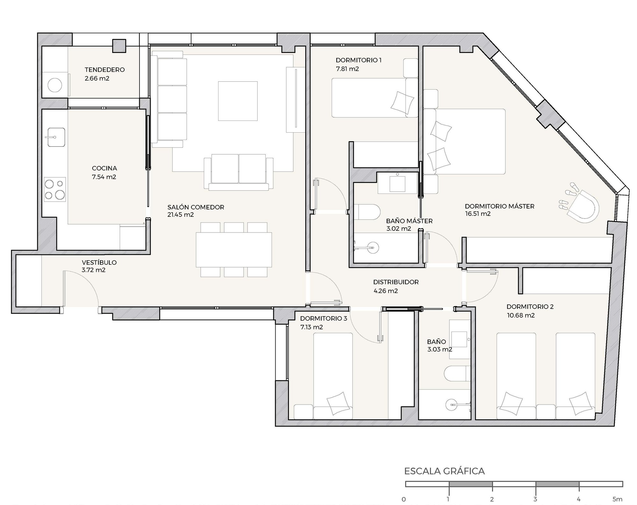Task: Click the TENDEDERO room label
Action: click(x=104, y=70)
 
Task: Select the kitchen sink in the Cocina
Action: click(x=56, y=137)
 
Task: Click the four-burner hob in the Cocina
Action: click(x=55, y=189)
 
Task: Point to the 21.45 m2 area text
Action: click(x=181, y=215)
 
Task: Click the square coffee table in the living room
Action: click(x=238, y=101)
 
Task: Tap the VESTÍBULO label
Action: click(x=99, y=262)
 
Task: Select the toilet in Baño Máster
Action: click(x=367, y=211)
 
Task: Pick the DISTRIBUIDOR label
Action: click(x=396, y=282)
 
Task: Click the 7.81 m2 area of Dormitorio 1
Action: click(x=347, y=69)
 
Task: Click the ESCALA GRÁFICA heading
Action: click(x=444, y=471)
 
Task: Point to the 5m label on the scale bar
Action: click(x=617, y=499)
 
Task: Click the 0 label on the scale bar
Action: click(x=404, y=499)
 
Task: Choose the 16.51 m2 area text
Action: click(x=478, y=214)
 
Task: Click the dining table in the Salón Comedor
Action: click(x=234, y=250)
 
